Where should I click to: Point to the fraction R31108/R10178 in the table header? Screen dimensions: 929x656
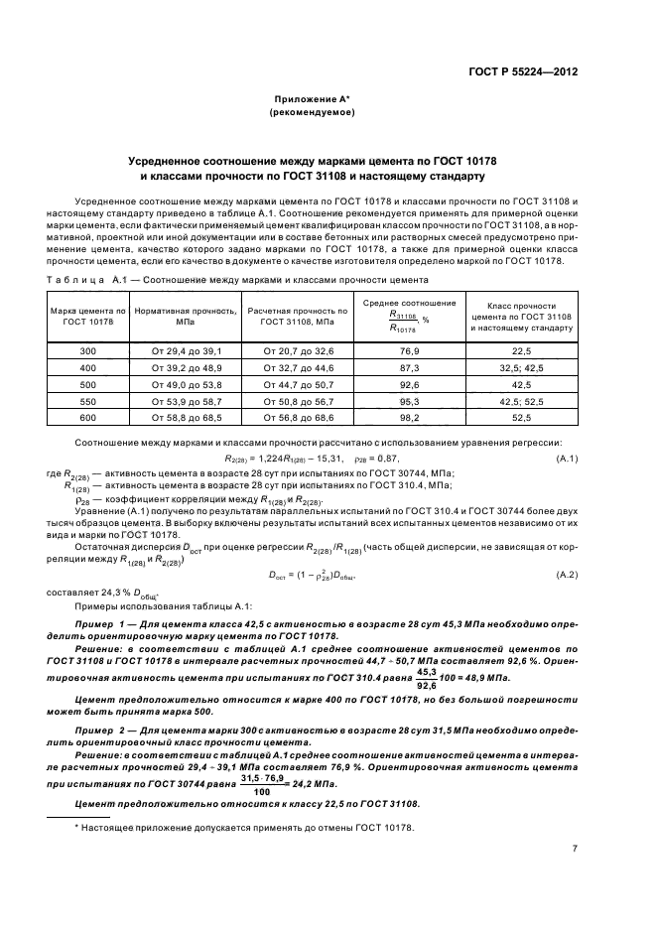click(403, 321)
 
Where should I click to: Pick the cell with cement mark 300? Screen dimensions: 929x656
click(88, 351)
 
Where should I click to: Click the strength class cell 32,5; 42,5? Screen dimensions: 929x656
click(522, 367)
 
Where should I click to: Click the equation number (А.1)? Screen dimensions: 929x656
click(567, 457)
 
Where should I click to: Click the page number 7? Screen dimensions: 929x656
click(575, 849)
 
